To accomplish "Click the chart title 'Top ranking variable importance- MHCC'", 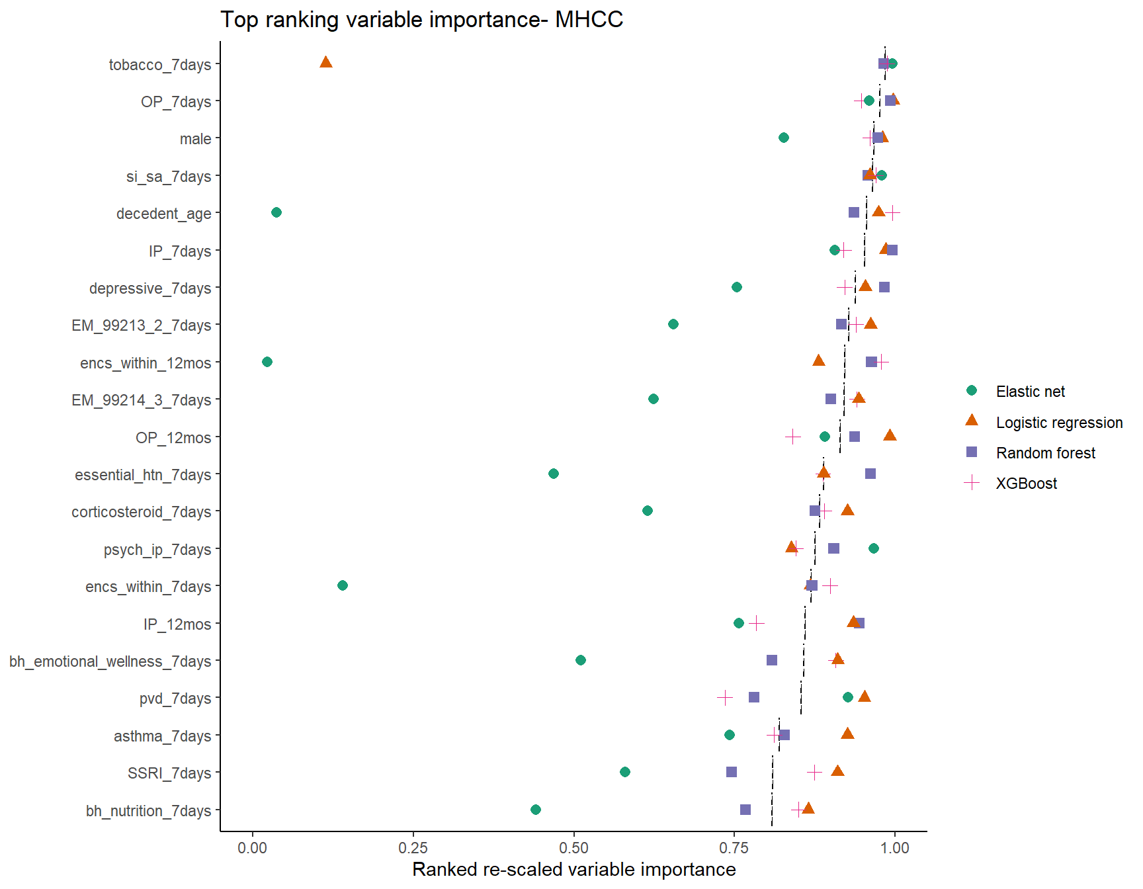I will click(421, 20).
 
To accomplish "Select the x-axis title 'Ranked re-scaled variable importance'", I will click(573, 869).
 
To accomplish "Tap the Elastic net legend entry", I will click(1030, 392).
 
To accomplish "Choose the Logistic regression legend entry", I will click(1059, 423).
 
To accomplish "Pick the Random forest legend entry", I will click(1045, 453).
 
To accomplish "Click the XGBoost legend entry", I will click(1026, 484).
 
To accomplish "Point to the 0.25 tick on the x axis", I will click(413, 848).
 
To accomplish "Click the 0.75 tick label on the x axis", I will click(734, 848).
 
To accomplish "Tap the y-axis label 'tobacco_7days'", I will click(160, 65).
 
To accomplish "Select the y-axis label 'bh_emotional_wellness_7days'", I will click(110, 661).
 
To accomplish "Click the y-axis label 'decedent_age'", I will click(164, 214).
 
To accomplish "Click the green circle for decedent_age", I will click(276, 212).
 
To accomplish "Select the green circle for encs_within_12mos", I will click(267, 362).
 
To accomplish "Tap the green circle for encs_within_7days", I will click(343, 585).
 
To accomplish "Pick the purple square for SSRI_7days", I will click(732, 772).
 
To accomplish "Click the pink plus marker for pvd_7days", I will click(725, 698).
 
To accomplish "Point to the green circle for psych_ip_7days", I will click(874, 548).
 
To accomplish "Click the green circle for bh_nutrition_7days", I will click(536, 810).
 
